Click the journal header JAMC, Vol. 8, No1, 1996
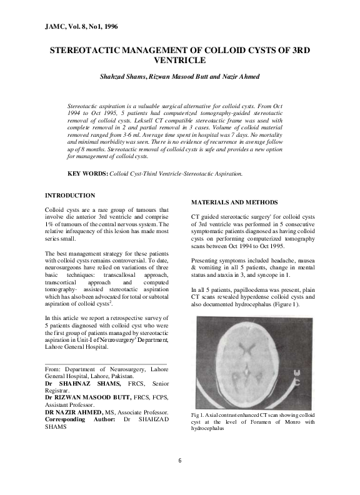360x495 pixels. click(81, 27)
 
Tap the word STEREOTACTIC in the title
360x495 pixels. click(90, 51)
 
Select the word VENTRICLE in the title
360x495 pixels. click(179, 61)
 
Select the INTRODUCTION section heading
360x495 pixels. click(71, 196)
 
